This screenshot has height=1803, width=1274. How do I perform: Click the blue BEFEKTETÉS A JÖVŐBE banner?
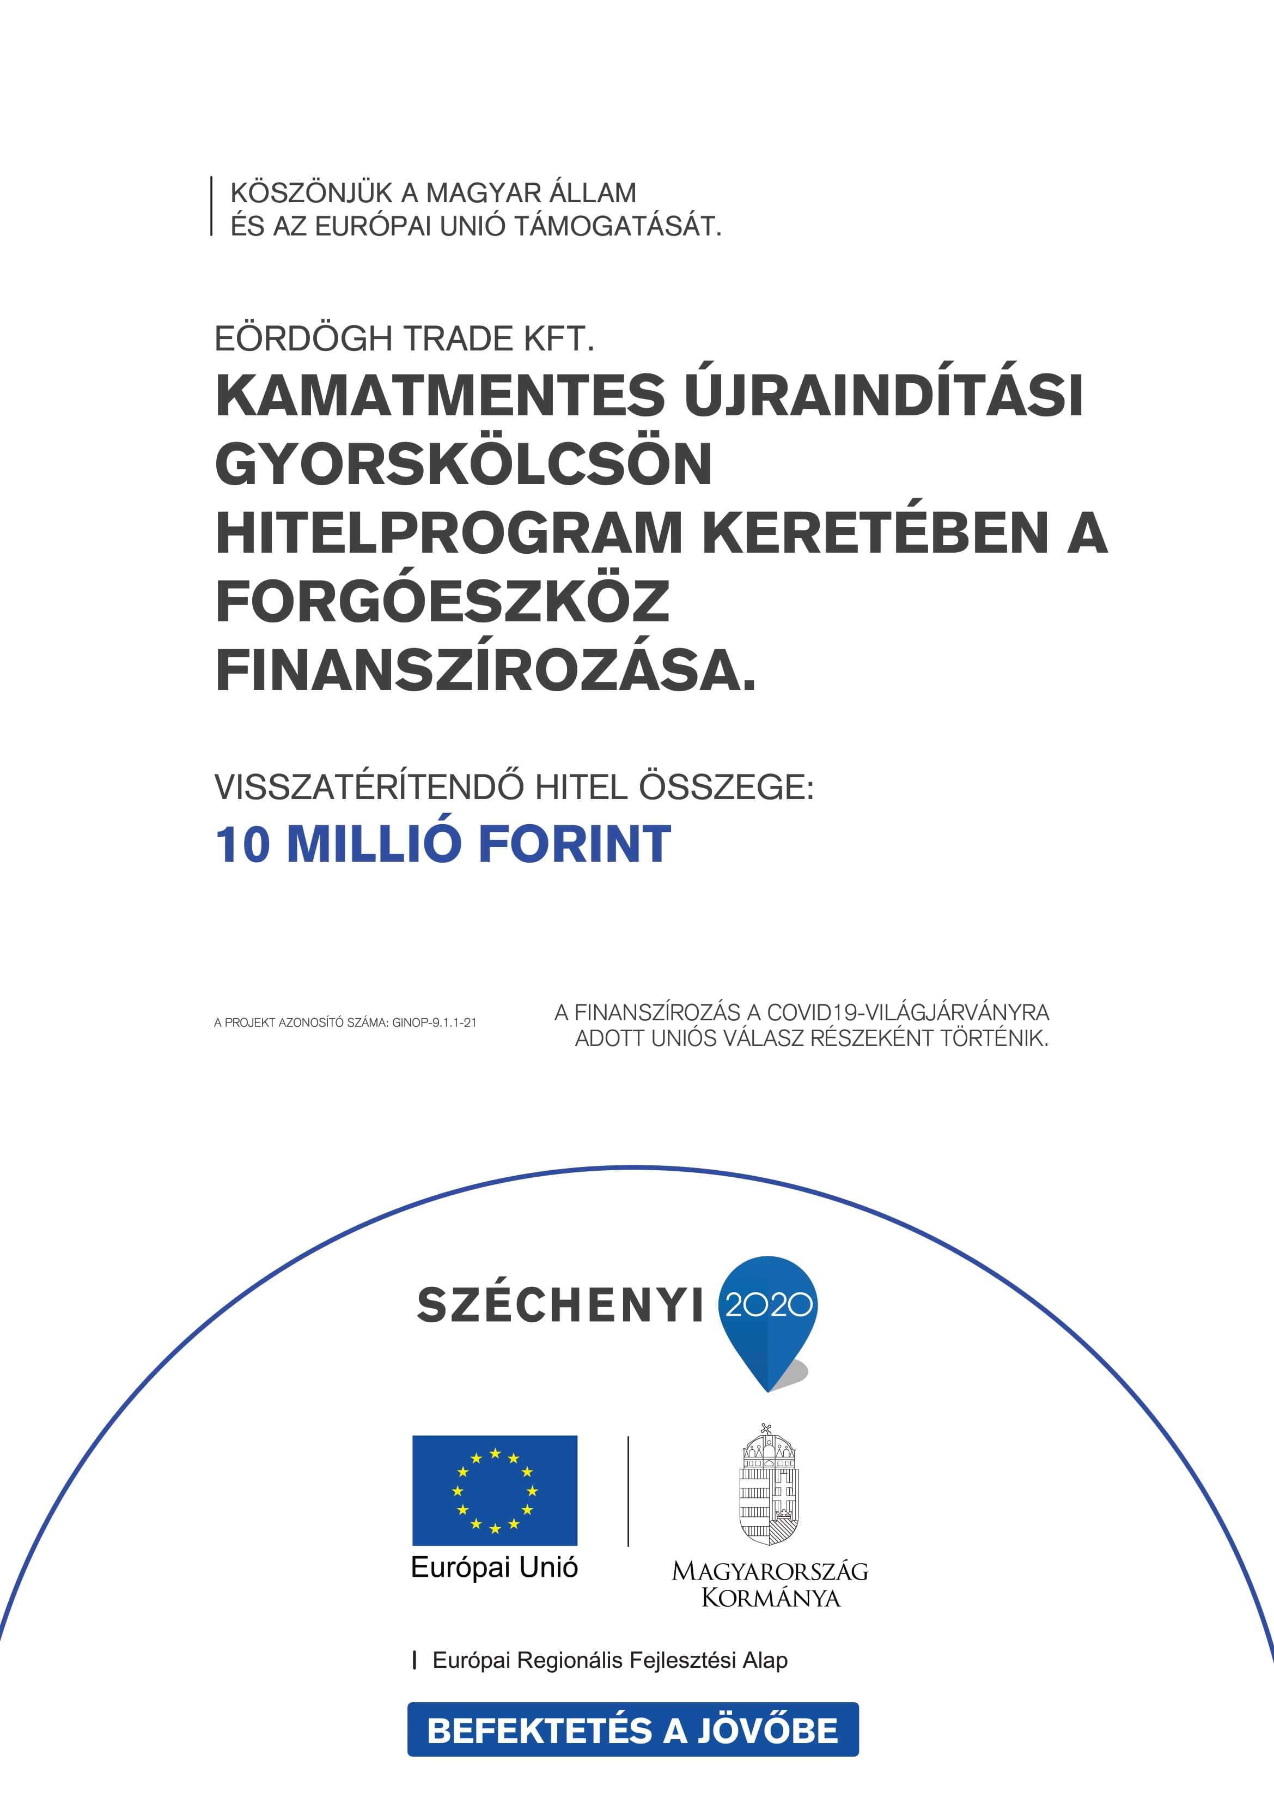(x=633, y=1730)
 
